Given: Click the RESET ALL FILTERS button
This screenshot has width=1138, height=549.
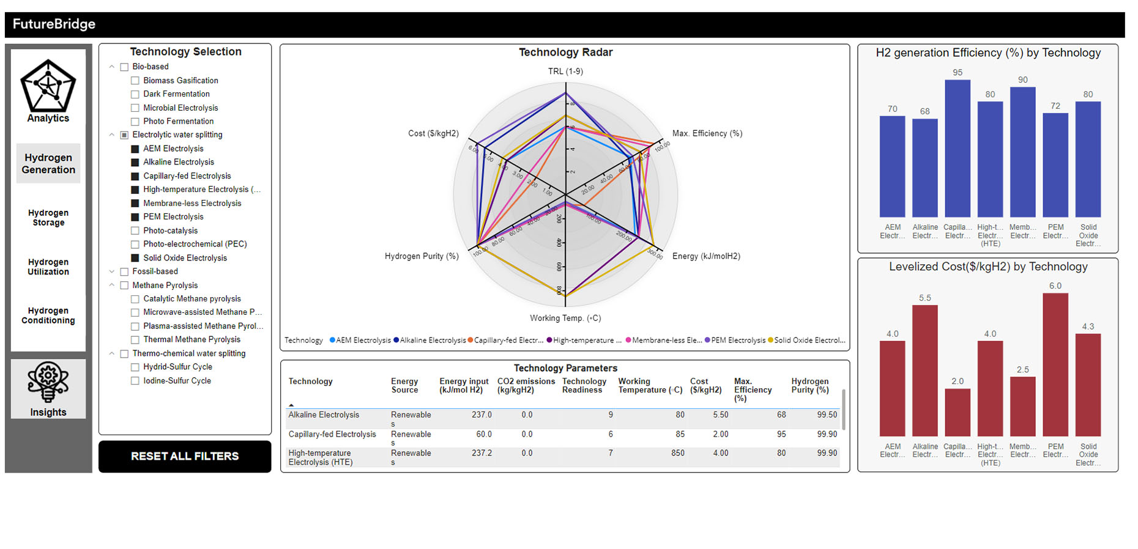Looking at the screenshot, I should click(184, 456).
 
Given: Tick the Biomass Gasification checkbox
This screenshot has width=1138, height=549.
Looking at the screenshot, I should click(135, 81).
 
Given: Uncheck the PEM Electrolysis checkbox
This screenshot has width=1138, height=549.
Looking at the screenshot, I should click(135, 217).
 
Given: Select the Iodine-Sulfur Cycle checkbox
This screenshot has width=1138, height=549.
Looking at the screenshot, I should click(135, 381).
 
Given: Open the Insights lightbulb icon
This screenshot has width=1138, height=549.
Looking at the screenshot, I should click(48, 382).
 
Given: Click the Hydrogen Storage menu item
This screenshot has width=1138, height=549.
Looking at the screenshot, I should click(48, 218).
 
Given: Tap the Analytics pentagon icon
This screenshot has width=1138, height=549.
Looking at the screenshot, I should click(48, 86).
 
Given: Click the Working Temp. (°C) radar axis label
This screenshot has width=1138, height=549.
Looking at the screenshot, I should click(565, 318).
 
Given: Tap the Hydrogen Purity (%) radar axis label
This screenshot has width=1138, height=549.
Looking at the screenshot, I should click(422, 256).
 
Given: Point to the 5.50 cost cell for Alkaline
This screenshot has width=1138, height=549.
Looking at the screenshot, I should click(720, 415).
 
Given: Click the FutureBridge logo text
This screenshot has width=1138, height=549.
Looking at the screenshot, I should click(54, 24).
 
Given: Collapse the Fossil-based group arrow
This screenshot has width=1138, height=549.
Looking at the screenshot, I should click(111, 271).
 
